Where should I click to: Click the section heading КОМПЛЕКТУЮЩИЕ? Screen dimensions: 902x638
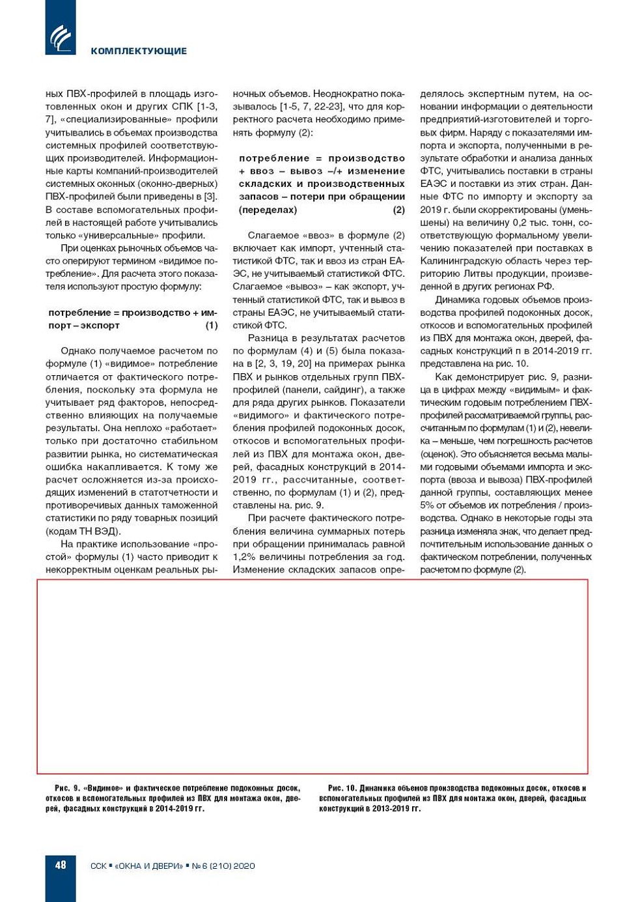coord(139,51)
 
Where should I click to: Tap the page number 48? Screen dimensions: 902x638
coord(61,865)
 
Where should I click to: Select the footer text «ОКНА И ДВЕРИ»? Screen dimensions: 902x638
coord(149,866)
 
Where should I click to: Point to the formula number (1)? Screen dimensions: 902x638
coord(212,326)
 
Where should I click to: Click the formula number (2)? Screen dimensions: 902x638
coord(398,210)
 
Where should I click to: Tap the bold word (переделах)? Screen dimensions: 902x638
coord(268,210)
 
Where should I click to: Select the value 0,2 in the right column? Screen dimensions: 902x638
coord(520,223)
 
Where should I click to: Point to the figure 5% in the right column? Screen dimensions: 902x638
coord(427,505)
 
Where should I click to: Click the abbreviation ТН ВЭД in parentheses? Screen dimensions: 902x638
coord(98,531)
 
